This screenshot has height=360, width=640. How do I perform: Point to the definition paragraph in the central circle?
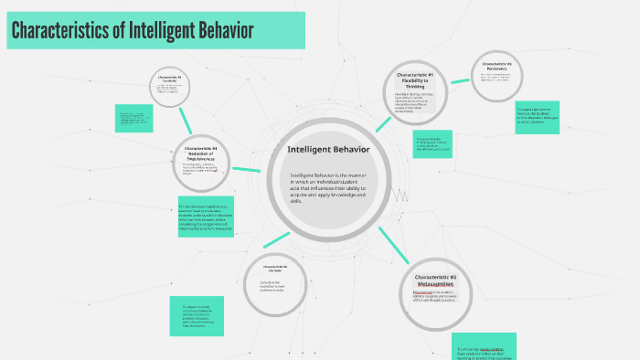tap(328, 186)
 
